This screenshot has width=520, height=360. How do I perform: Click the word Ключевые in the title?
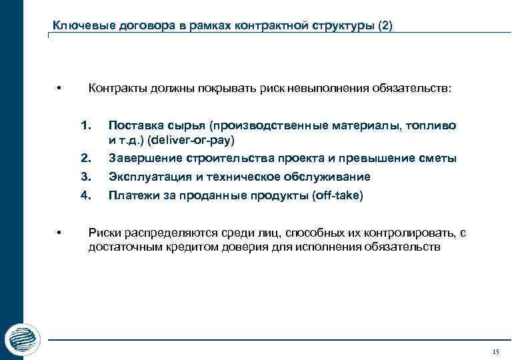point(77,27)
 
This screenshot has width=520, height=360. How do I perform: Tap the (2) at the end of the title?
point(385,27)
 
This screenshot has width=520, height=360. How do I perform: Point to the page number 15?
point(494,351)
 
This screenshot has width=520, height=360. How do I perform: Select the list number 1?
point(85,125)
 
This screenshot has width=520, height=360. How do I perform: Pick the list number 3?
point(85,177)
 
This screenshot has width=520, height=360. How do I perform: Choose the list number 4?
point(85,196)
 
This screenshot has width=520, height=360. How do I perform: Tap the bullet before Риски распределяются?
point(59,233)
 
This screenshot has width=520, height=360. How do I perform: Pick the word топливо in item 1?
point(434,125)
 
